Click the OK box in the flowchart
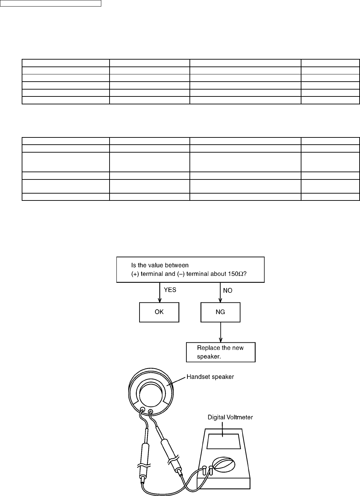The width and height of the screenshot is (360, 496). [159, 312]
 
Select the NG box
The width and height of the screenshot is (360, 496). [220, 312]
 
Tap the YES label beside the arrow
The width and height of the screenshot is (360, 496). [170, 290]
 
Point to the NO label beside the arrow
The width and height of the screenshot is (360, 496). [228, 290]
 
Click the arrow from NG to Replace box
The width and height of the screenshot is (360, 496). [220, 332]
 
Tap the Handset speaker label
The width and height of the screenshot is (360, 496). [210, 377]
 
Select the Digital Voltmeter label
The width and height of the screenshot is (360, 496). [230, 417]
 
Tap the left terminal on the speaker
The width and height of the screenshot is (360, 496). [142, 410]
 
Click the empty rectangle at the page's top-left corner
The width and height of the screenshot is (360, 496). [51, 3]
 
